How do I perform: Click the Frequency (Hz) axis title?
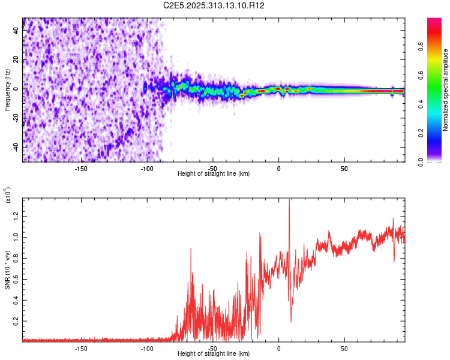pos(7,90)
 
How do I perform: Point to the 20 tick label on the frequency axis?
pos(16,61)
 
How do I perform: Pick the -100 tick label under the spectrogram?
pos(146,168)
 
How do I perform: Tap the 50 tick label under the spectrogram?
pos(344,168)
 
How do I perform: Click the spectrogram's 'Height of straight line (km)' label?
pos(214,174)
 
